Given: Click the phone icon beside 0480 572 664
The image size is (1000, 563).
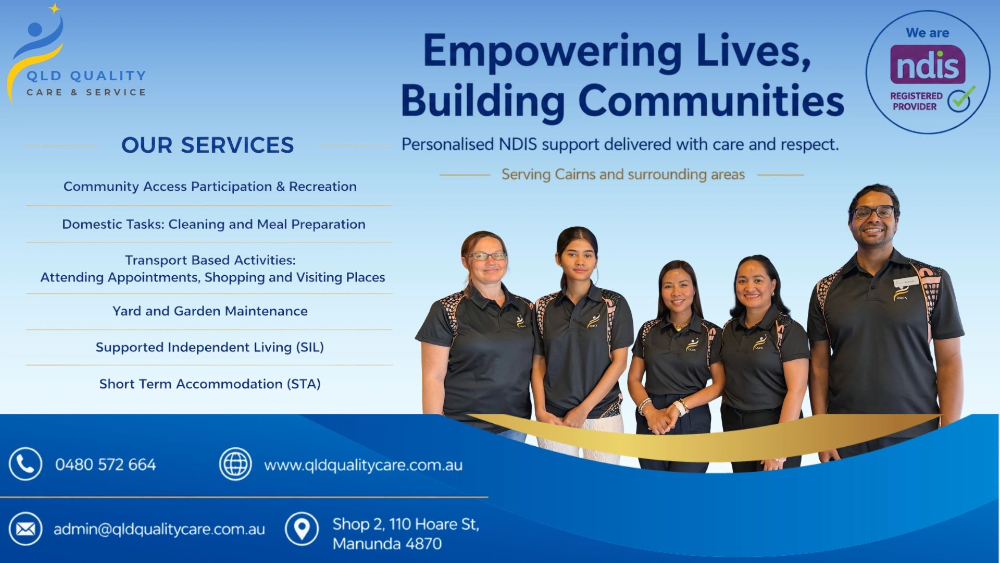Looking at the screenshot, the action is point(25,463).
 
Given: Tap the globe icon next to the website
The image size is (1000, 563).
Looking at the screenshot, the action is point(235,463).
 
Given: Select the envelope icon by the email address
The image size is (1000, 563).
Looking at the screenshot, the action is point(25,529).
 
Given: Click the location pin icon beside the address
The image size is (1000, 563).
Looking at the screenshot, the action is point(302,529).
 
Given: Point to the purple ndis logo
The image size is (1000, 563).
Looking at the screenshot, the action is point(928,65).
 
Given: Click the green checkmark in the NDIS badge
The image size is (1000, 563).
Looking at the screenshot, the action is point(961,99).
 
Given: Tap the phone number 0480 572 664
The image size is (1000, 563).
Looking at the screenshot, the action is point(106,464).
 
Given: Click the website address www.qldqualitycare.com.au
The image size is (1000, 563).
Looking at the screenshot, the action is point(363,465).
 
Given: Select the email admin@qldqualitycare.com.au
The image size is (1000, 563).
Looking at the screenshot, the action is point(159,530).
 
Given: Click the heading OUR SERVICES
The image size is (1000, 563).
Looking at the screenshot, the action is point(208,145).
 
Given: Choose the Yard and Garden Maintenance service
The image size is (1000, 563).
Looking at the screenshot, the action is point(210,311).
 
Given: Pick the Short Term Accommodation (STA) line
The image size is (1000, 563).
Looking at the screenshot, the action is point(210,384).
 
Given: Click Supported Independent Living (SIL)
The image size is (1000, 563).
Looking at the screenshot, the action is point(210,347).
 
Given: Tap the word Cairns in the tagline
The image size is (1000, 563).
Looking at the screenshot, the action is point(575,174).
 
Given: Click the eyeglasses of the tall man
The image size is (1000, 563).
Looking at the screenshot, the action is point(873,212).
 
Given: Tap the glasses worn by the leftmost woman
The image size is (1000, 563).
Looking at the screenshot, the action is point(488,256).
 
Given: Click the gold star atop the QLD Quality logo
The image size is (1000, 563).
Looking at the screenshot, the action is point(54,8).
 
